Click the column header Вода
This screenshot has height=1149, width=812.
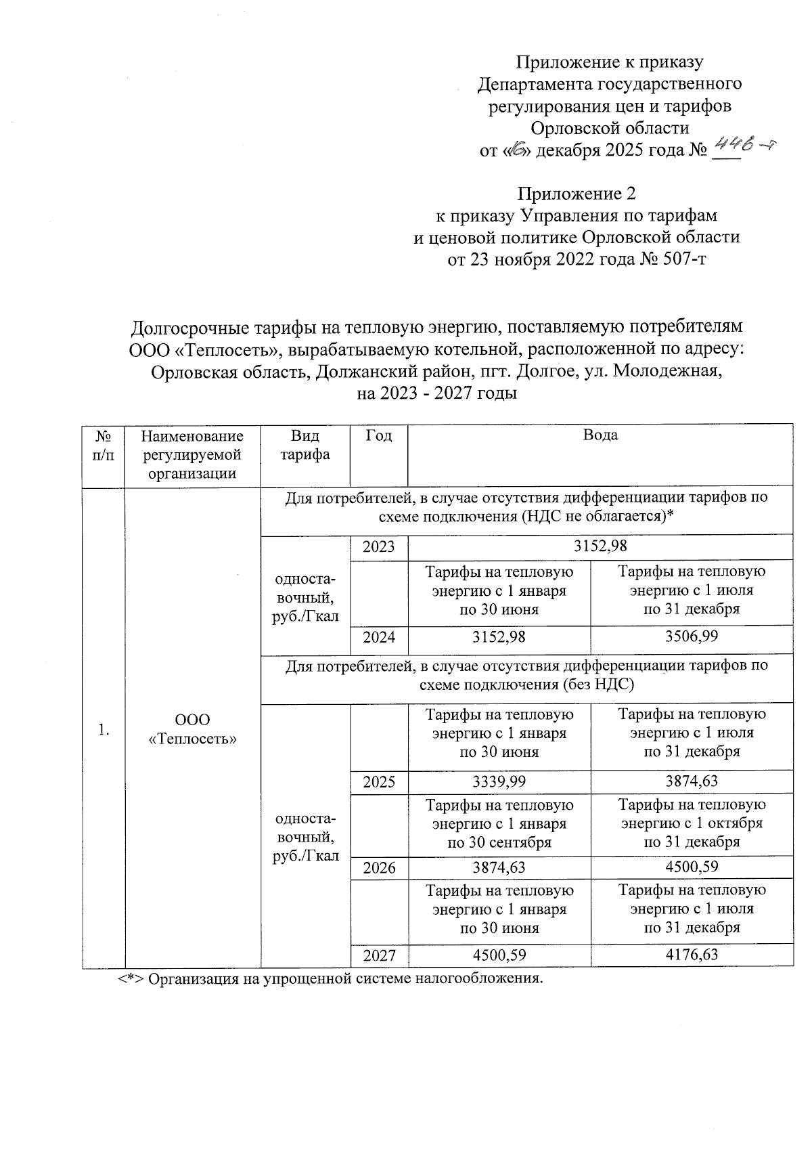tap(600, 435)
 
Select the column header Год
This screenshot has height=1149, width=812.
tap(378, 435)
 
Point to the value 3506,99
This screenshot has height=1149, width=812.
tap(691, 636)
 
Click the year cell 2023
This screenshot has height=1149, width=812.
tap(378, 547)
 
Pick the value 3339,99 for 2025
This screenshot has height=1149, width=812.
tap(499, 781)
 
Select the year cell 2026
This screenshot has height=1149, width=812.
tap(378, 867)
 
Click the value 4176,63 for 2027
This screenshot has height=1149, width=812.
tap(691, 955)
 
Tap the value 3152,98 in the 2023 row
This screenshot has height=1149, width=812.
tap(600, 546)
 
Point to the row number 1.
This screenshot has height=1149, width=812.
tap(103, 729)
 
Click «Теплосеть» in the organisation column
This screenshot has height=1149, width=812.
tap(192, 739)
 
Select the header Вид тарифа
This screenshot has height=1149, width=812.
tap(304, 445)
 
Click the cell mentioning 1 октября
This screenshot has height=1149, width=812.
tap(692, 823)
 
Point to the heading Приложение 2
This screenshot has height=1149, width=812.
tap(577, 194)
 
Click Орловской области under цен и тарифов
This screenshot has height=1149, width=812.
tap(610, 127)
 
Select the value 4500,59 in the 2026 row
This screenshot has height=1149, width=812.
tap(691, 867)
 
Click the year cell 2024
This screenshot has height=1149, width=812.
tap(378, 637)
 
